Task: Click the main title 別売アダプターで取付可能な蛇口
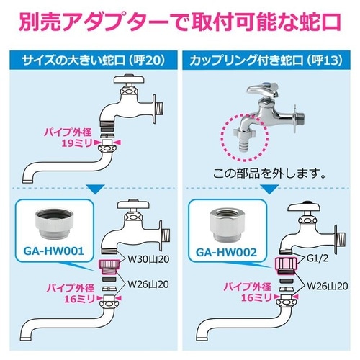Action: pyautogui.click(x=180, y=21)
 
